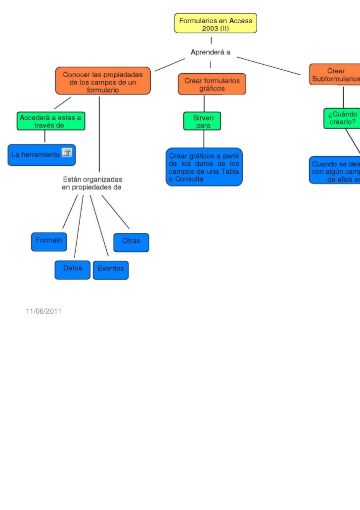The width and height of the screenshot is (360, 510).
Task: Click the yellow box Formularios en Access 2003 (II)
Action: (x=215, y=23)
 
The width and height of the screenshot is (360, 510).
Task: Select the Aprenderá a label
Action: (x=211, y=52)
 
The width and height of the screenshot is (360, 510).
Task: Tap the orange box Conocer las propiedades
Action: (x=103, y=80)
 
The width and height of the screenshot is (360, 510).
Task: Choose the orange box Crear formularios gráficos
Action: (x=212, y=84)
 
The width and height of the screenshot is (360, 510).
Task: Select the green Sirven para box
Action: (x=202, y=121)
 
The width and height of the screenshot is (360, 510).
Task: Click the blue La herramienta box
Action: (x=41, y=154)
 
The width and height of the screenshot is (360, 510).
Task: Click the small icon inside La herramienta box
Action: (x=66, y=153)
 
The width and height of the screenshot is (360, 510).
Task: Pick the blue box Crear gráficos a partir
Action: (x=204, y=167)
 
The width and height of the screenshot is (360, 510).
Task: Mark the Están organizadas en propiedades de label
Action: (x=92, y=183)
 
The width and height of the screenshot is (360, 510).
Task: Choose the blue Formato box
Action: (x=49, y=241)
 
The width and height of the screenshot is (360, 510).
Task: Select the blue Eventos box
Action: (x=111, y=270)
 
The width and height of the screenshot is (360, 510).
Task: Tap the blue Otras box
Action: (x=131, y=242)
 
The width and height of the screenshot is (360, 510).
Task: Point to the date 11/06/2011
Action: (x=44, y=311)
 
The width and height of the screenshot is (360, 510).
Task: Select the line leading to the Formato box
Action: (x=70, y=213)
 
